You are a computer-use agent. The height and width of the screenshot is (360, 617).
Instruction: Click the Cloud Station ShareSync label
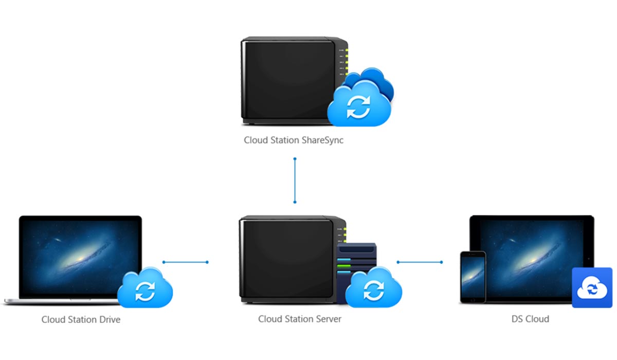[293, 139]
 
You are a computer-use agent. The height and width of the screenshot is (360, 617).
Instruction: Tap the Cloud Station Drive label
[81, 319]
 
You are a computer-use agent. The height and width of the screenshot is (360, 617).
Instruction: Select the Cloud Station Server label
[300, 319]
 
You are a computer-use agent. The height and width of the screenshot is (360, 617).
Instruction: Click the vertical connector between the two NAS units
[295, 181]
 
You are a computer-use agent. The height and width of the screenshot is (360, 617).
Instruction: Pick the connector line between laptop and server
[185, 262]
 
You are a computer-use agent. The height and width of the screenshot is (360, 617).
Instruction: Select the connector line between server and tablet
[420, 262]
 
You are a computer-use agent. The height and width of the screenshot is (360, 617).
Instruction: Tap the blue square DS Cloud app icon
[592, 288]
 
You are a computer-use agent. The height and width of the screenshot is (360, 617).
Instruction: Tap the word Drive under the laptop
[109, 319]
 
